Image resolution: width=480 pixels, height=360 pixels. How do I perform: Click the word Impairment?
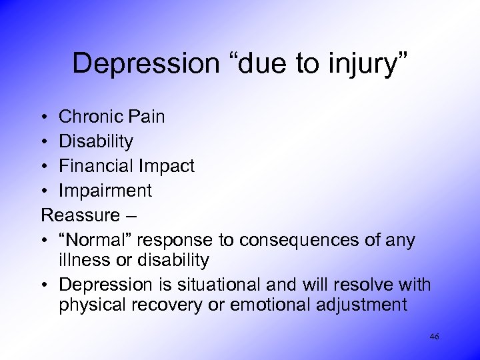click(105, 191)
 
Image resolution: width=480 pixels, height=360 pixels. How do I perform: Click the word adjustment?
click(364, 305)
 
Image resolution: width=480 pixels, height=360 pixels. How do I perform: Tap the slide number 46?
click(434, 337)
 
